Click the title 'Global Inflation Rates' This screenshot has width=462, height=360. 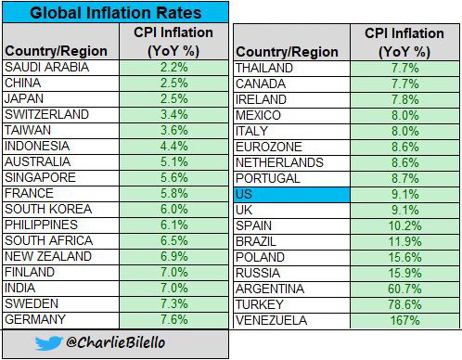[x=114, y=14]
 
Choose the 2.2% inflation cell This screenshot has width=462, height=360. [x=175, y=68]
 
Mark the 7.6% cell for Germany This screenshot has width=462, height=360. [x=175, y=319]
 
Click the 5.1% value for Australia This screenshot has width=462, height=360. [x=175, y=162]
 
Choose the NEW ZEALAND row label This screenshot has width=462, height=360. [x=47, y=256]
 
